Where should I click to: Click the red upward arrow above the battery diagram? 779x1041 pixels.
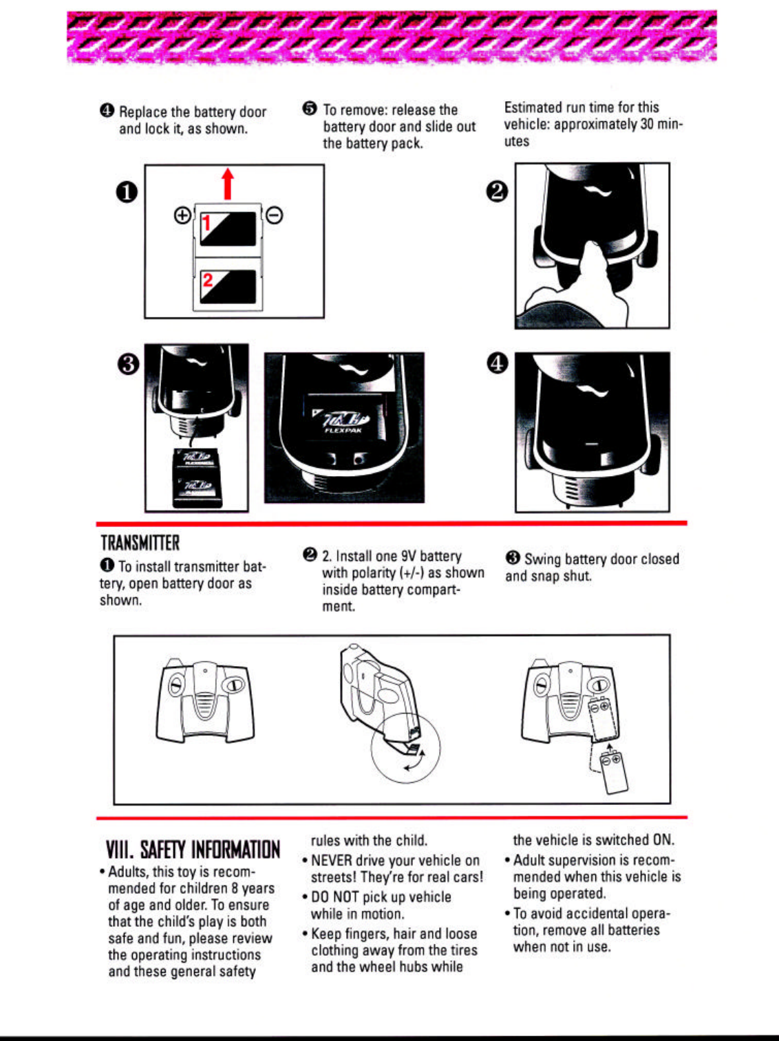click(x=228, y=184)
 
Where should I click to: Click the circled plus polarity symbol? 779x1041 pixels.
click(x=182, y=216)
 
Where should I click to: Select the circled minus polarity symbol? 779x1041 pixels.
click(x=274, y=216)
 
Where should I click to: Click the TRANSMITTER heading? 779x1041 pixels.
click(x=140, y=544)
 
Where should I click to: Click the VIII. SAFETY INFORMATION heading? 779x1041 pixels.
click(x=193, y=850)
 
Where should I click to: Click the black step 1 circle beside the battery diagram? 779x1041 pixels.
click(x=128, y=192)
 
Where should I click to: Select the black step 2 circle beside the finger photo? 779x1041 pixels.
click(x=497, y=192)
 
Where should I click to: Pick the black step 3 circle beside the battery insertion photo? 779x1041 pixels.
click(x=129, y=364)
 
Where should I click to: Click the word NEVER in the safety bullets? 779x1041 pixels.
click(x=332, y=861)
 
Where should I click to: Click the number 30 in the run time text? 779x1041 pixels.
click(x=647, y=125)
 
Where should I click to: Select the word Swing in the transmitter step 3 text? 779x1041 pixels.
click(x=541, y=559)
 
